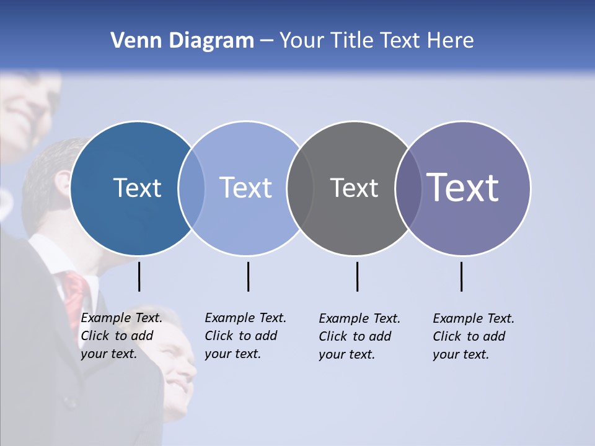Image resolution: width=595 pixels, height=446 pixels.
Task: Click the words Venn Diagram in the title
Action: (x=182, y=41)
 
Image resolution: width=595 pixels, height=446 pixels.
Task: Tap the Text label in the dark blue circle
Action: (x=137, y=188)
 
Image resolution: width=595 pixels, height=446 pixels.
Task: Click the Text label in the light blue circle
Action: (x=245, y=188)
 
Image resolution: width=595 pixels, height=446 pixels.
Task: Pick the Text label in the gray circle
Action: (x=354, y=188)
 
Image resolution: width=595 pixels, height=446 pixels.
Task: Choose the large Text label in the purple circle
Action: (x=463, y=188)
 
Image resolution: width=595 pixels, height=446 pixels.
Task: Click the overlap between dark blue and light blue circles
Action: (x=192, y=188)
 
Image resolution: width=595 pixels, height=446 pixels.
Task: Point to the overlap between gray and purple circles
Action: (x=408, y=188)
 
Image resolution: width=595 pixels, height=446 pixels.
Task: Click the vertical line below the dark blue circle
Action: (x=139, y=276)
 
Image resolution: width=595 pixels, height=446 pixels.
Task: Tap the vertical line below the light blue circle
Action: (x=248, y=276)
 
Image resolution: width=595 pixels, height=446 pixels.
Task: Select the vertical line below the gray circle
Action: (x=357, y=276)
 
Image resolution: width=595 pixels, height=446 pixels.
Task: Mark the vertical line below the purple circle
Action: (x=461, y=276)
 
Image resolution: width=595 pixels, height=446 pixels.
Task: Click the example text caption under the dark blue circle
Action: (x=121, y=336)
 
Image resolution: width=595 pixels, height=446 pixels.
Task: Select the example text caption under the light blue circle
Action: (x=245, y=336)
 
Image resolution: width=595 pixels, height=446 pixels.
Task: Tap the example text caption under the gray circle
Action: (x=359, y=336)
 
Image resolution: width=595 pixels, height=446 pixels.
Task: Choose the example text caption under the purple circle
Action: (x=473, y=336)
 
